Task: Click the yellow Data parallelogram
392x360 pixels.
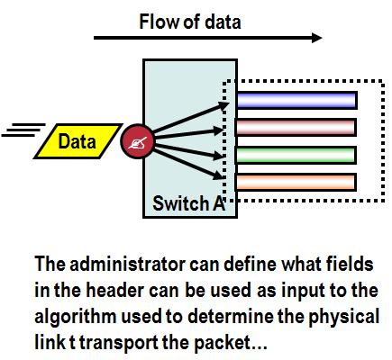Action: point(78,141)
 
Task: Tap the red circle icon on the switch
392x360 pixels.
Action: point(138,141)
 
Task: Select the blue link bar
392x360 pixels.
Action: point(296,100)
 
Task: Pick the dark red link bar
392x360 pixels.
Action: point(296,127)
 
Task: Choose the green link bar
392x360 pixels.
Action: point(296,155)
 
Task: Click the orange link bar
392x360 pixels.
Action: point(296,182)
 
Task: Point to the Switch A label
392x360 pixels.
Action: point(189,203)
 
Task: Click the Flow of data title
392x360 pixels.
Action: point(190,22)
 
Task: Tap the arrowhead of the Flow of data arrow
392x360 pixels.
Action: point(316,38)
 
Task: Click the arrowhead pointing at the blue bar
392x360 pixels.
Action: point(223,105)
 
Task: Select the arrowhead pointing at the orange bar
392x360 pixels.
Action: point(219,175)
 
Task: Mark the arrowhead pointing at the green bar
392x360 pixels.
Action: point(220,156)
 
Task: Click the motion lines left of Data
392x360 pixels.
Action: point(23,130)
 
